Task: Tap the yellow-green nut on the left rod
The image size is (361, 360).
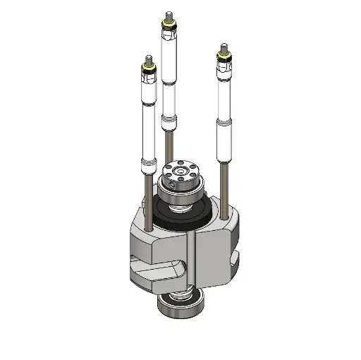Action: coord(147,67)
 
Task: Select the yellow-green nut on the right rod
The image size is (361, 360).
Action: coord(224,58)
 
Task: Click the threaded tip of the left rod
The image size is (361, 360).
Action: coord(147,59)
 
